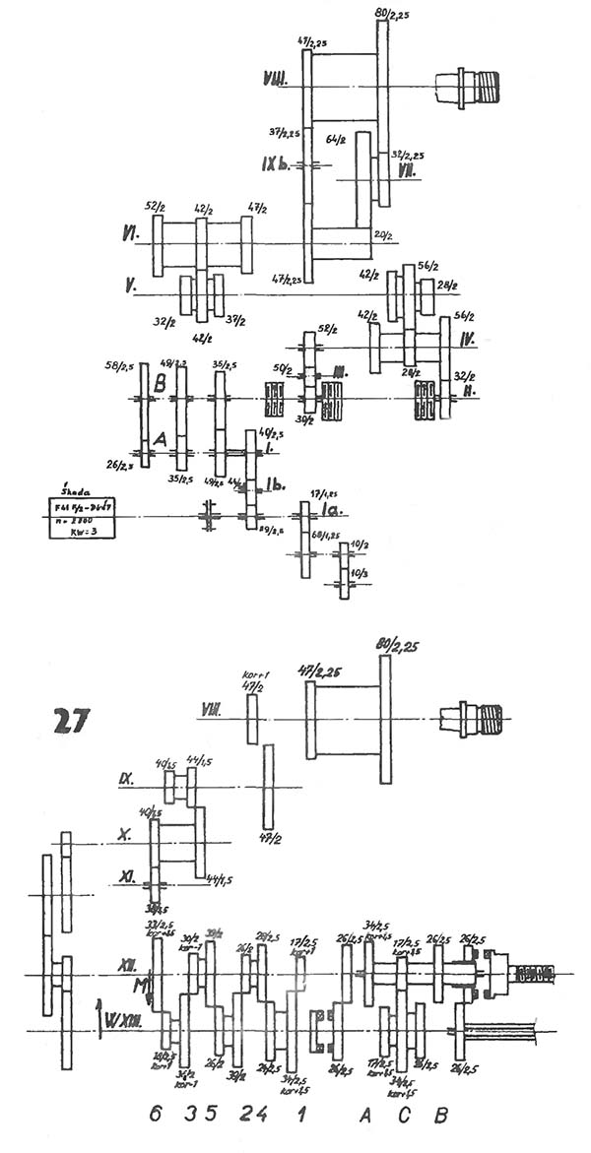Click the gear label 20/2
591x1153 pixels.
click(x=383, y=235)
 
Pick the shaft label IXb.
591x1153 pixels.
click(x=276, y=164)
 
